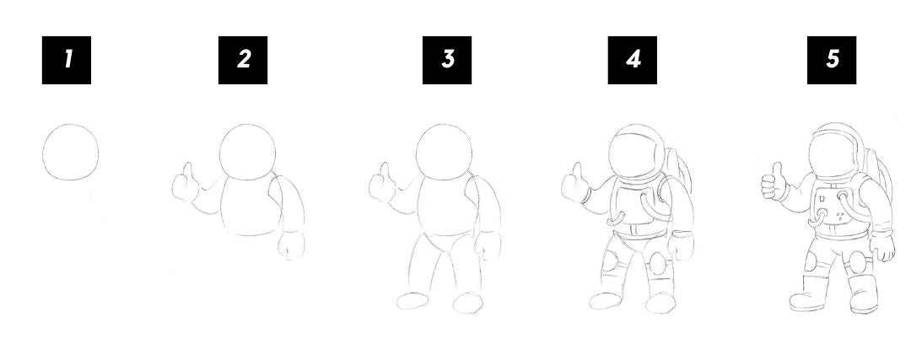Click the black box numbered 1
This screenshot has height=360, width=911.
point(67,60)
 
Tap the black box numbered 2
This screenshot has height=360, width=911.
point(243,60)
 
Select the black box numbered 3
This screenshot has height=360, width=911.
point(447,60)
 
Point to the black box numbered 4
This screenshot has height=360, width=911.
point(632,60)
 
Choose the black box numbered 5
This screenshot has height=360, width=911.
point(832,60)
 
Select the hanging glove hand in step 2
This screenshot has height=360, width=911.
point(291,245)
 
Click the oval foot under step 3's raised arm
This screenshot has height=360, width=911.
point(413,301)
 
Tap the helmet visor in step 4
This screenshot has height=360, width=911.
point(636,155)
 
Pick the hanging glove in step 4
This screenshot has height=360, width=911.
point(681,245)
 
